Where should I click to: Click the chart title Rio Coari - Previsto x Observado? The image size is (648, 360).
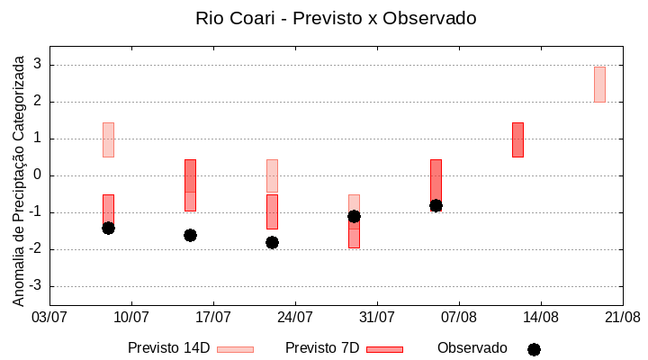click(336, 18)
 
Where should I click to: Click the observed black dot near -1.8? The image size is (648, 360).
click(272, 242)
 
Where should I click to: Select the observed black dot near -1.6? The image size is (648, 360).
click(190, 235)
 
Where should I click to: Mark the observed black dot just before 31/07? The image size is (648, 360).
click(354, 216)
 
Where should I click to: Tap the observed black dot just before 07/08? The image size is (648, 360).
click(436, 205)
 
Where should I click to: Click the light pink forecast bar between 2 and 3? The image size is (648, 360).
click(599, 84)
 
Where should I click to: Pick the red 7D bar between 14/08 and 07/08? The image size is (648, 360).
click(517, 139)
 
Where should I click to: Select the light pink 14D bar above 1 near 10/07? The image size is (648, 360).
click(108, 139)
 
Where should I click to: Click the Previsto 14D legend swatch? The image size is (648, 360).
click(235, 349)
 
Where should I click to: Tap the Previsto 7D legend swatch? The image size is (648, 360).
click(384, 349)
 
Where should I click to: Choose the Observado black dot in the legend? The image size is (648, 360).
click(534, 349)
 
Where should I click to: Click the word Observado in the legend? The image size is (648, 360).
click(472, 347)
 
